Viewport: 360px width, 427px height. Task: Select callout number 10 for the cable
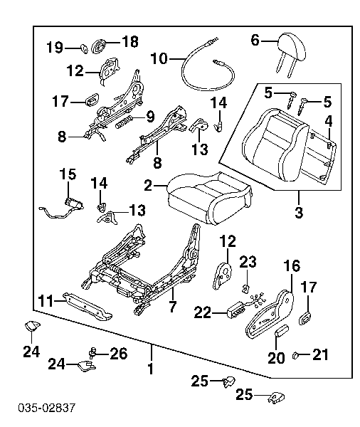pyautogui.click(x=159, y=58)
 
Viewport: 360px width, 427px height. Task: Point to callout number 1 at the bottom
pyautogui.click(x=150, y=370)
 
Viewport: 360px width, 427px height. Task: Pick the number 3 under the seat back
pyautogui.click(x=299, y=212)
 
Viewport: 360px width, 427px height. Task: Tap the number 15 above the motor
pyautogui.click(x=68, y=174)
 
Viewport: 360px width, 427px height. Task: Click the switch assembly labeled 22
pyautogui.click(x=235, y=310)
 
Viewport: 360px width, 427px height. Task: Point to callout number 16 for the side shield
pyautogui.click(x=292, y=267)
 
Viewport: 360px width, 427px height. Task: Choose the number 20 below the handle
pyautogui.click(x=276, y=357)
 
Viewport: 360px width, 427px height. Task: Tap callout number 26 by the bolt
pyautogui.click(x=118, y=352)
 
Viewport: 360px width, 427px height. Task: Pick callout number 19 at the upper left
pyautogui.click(x=55, y=48)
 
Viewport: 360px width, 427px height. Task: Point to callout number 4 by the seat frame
pyautogui.click(x=329, y=122)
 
